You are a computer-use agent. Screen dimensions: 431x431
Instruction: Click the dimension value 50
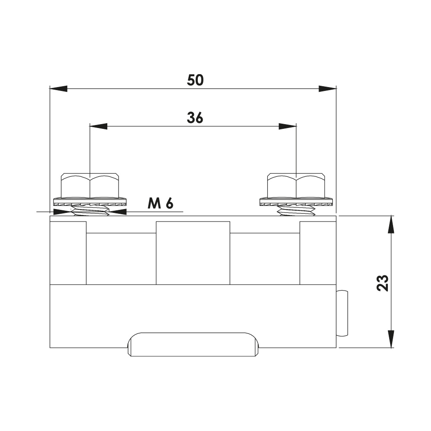pyautogui.click(x=195, y=80)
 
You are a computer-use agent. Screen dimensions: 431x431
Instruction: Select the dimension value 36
pyautogui.click(x=195, y=118)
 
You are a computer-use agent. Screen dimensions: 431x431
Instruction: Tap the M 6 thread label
pyautogui.click(x=160, y=204)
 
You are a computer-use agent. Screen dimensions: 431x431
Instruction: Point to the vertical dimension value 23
pyautogui.click(x=382, y=283)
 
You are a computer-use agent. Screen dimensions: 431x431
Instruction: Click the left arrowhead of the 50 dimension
pyautogui.click(x=59, y=89)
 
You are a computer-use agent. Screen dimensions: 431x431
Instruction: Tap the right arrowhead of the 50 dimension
pyautogui.click(x=328, y=89)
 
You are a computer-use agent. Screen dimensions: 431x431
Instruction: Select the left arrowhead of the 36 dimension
pyautogui.click(x=99, y=126)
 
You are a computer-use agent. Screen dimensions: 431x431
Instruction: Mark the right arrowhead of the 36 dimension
pyautogui.click(x=288, y=126)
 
